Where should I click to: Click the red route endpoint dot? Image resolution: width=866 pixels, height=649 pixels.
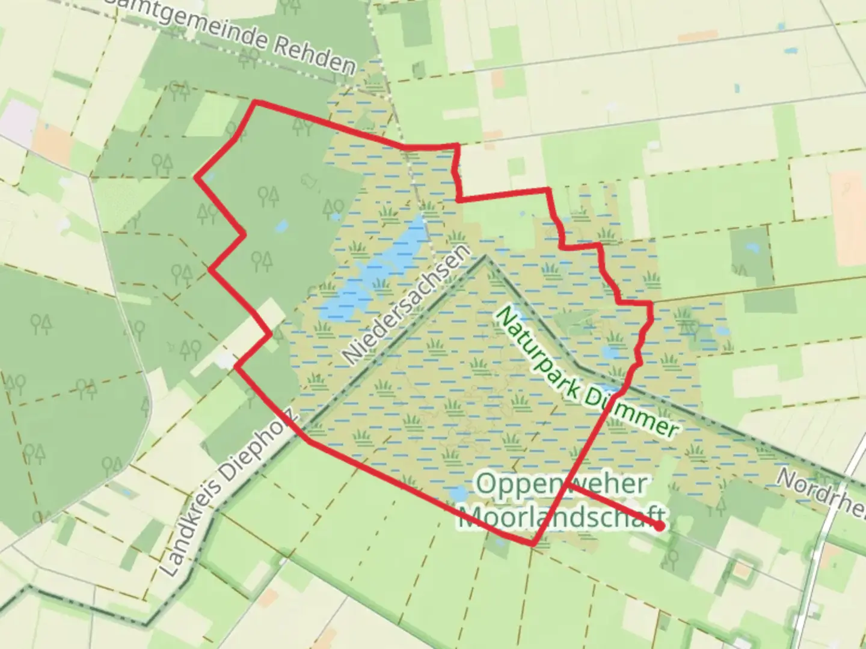pyautogui.click(x=660, y=526)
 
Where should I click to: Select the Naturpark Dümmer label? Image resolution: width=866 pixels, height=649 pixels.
pyautogui.click(x=586, y=373)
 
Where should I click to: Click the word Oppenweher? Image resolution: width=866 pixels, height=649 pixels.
pyautogui.click(x=555, y=483)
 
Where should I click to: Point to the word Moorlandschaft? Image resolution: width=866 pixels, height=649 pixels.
pyautogui.click(x=562, y=517)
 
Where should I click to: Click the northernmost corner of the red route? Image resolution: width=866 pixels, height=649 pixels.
pyautogui.click(x=256, y=102)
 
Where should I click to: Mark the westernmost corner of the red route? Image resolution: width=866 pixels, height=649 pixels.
pyautogui.click(x=195, y=177)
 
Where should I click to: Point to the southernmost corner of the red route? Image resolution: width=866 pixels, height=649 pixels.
pyautogui.click(x=532, y=545)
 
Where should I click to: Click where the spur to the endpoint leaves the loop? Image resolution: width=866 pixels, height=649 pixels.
pyautogui.click(x=568, y=486)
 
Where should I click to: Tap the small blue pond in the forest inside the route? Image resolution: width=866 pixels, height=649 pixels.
pyautogui.click(x=280, y=227)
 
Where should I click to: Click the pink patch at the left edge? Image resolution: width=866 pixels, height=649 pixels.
pyautogui.click(x=18, y=120)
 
